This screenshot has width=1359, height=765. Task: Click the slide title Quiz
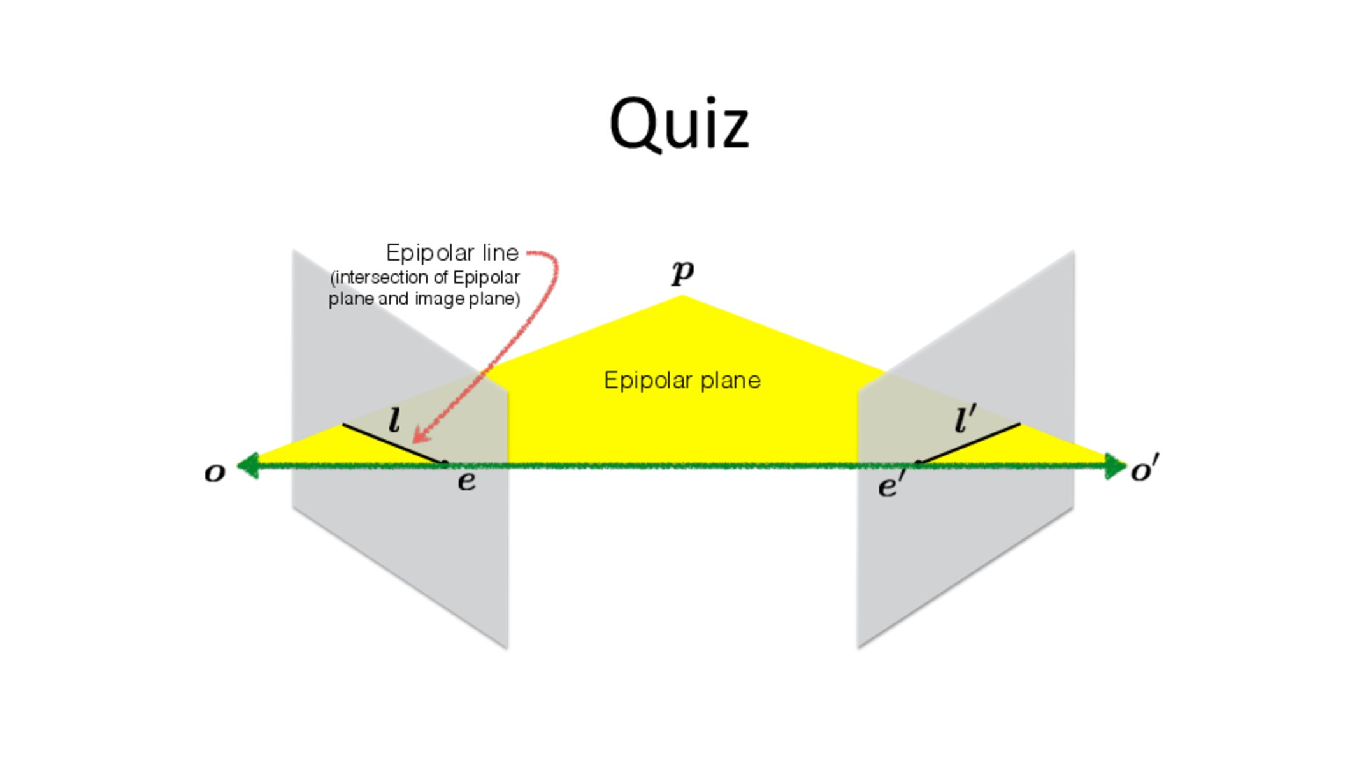679,124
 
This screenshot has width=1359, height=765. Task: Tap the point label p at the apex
682,273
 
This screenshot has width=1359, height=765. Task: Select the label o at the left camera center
215,473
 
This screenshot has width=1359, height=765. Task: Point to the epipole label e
466,481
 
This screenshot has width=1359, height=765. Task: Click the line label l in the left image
394,421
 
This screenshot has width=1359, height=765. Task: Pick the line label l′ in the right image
965,419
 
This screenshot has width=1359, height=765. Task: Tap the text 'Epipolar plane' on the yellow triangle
682,381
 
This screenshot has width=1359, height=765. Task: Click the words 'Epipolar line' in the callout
452,253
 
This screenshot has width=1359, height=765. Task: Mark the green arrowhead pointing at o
247,465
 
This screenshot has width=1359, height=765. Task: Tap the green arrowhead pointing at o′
1116,466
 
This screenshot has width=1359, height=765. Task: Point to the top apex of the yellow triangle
682,297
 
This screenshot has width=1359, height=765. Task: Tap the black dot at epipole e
445,463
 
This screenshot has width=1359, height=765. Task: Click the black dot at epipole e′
918,463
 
